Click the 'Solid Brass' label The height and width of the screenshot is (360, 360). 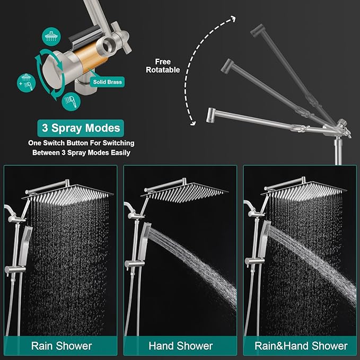point(109,82)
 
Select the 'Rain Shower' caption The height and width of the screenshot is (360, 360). point(61,346)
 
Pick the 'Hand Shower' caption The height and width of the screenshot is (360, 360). point(180,346)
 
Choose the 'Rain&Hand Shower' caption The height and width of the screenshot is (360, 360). point(300,346)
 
